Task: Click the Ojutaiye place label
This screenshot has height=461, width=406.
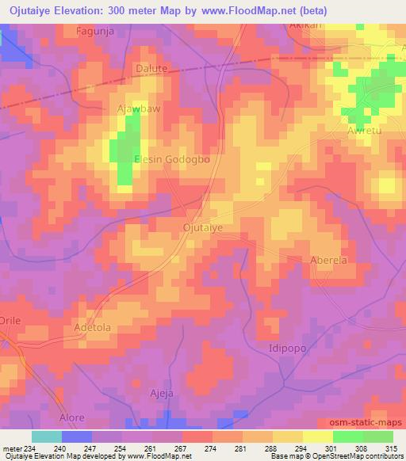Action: pyautogui.click(x=202, y=227)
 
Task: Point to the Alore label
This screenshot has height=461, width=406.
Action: pyautogui.click(x=72, y=417)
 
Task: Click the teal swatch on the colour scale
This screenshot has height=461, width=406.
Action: pyautogui.click(x=46, y=436)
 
